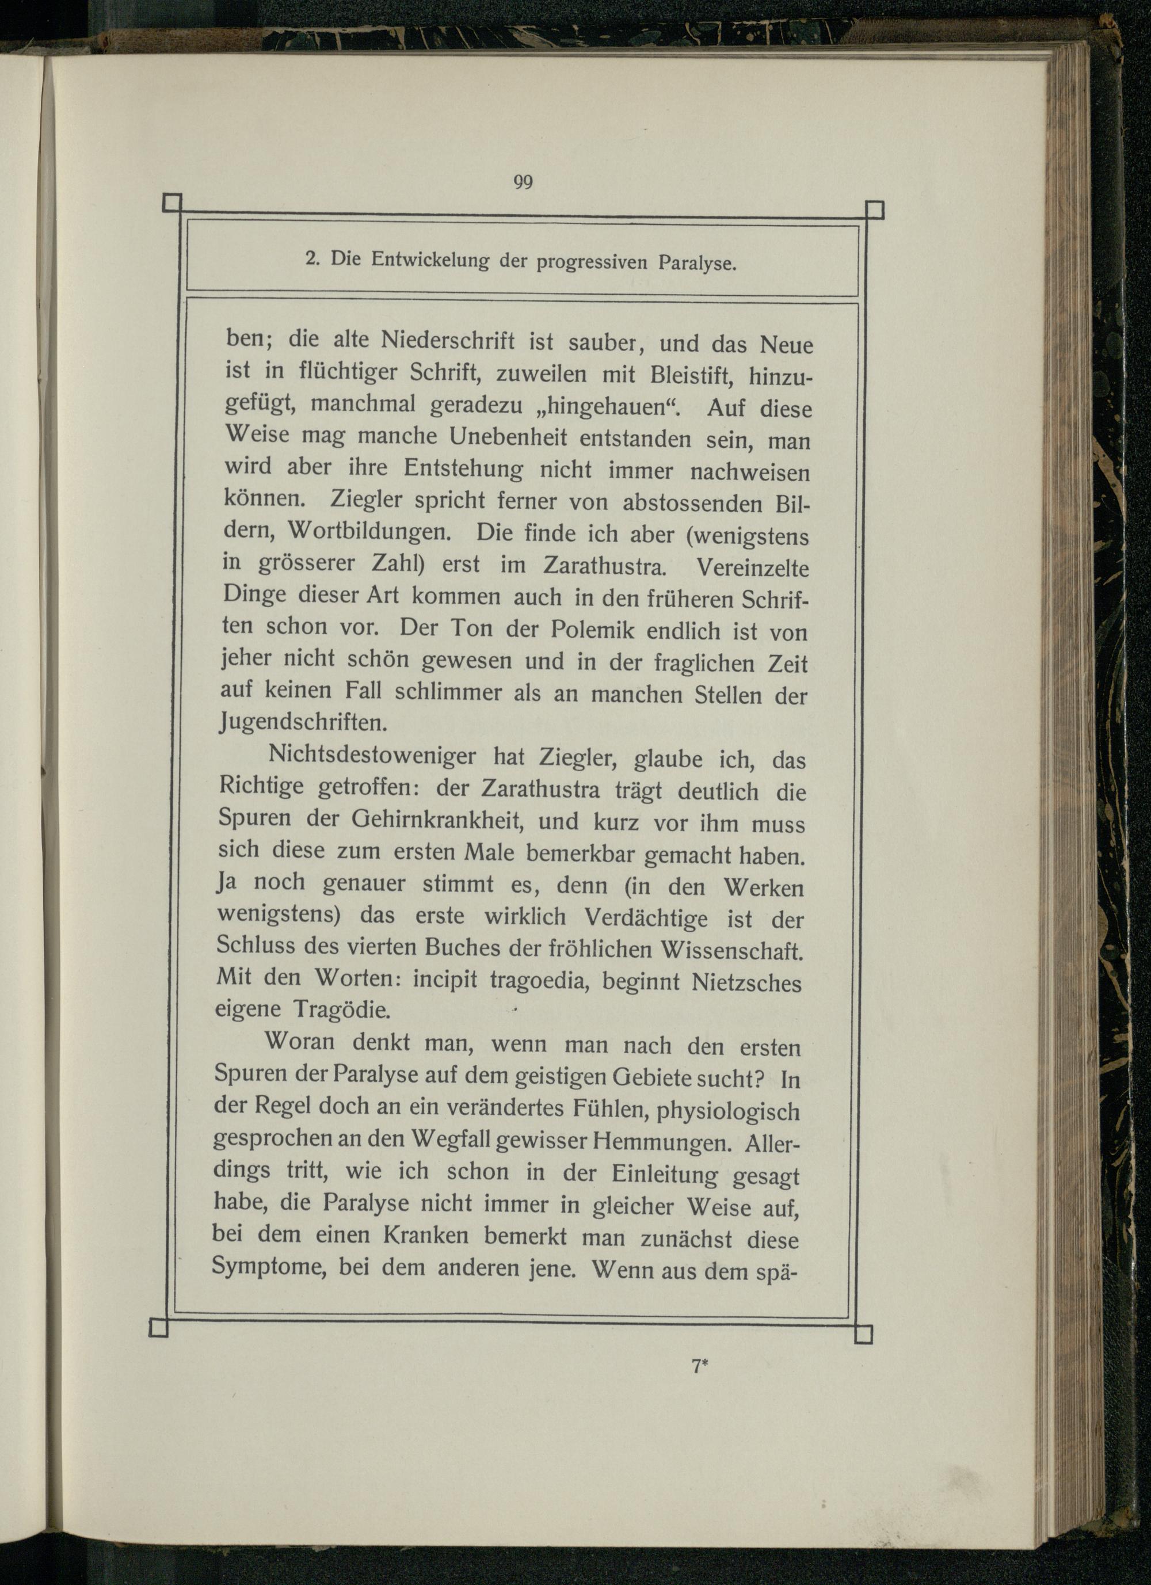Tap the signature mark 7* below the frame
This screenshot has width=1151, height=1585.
pos(700,1366)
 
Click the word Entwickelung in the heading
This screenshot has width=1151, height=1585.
pos(430,261)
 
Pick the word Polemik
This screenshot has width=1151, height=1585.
pos(592,630)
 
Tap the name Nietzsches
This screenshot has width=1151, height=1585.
pos(746,982)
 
